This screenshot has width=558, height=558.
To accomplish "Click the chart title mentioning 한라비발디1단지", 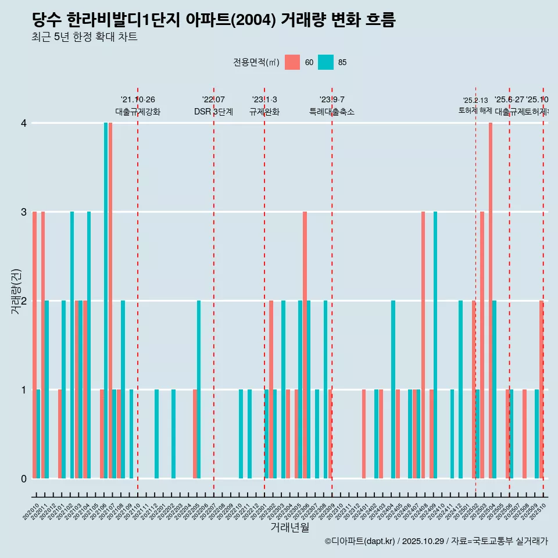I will click(213, 20).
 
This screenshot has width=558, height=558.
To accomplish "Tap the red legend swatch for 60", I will click(292, 62).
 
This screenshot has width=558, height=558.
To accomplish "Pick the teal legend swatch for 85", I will click(326, 62).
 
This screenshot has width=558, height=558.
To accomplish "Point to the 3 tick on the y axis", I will click(23, 212).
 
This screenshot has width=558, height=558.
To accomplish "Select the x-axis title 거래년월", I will click(289, 527).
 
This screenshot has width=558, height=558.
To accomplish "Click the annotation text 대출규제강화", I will click(138, 112).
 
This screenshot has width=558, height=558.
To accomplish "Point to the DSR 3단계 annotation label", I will click(213, 112).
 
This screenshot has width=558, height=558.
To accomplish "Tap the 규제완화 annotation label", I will click(264, 112).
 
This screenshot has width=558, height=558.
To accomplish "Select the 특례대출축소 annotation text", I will click(332, 112).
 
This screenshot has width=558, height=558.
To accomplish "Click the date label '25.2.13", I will click(475, 101).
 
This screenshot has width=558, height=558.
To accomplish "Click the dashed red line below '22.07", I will click(214, 291).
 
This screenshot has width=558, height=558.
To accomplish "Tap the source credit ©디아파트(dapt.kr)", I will click(360, 541).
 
